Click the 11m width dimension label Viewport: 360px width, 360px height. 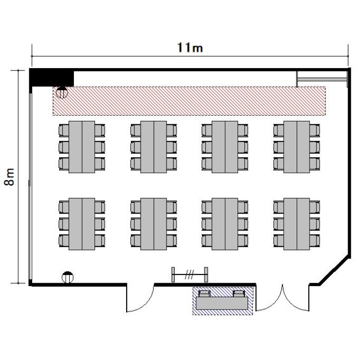click(x=190, y=48)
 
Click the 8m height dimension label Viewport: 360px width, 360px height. click(x=10, y=177)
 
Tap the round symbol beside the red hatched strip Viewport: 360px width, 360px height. click(x=62, y=92)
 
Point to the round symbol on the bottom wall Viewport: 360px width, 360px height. click(x=68, y=277)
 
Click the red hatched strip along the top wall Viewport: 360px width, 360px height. click(x=189, y=101)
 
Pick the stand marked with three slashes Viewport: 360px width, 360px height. click(x=190, y=275)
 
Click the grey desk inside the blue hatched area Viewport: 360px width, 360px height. click(x=222, y=303)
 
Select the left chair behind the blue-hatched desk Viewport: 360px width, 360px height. click(x=204, y=294)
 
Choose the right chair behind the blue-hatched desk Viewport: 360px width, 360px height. click(x=239, y=294)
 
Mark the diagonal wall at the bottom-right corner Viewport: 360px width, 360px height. click(x=335, y=271)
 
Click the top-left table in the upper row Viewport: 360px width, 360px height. click(x=82, y=147)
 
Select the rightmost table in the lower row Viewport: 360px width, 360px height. click(x=297, y=224)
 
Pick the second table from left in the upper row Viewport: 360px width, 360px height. click(x=154, y=147)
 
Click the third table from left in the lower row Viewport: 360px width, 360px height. click(x=225, y=224)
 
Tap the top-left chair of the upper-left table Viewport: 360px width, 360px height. click(x=64, y=131)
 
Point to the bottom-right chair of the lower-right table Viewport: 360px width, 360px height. click(x=314, y=240)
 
